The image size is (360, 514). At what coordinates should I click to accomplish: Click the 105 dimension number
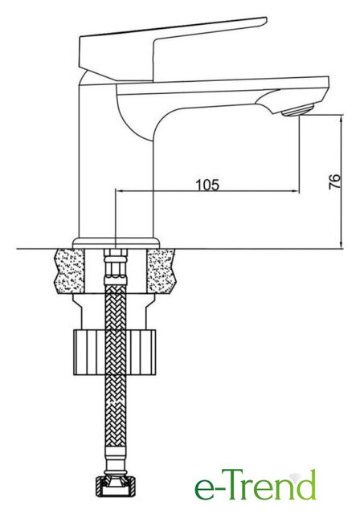(207, 186)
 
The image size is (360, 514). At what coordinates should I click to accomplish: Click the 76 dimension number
(334, 182)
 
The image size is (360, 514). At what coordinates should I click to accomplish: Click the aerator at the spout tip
(297, 110)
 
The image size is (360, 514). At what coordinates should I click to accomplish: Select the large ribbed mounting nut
(114, 352)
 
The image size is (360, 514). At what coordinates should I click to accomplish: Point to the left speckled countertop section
(69, 271)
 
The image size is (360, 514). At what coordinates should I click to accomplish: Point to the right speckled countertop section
(162, 271)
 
